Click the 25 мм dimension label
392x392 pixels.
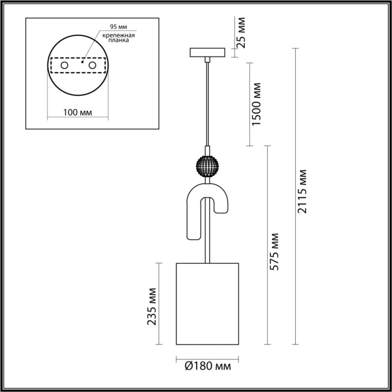[x=241, y=34]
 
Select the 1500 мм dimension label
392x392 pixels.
[x=257, y=104]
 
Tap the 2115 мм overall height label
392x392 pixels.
[x=302, y=190]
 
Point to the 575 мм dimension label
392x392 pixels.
[x=274, y=251]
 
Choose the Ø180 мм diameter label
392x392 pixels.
[x=208, y=367]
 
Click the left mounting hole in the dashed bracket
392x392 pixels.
[x=64, y=66]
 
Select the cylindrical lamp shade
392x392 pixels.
[x=208, y=302]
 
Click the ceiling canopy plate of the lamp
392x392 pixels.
[x=207, y=53]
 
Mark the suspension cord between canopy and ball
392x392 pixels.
[x=208, y=106]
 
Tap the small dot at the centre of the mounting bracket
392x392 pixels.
[x=82, y=63]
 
